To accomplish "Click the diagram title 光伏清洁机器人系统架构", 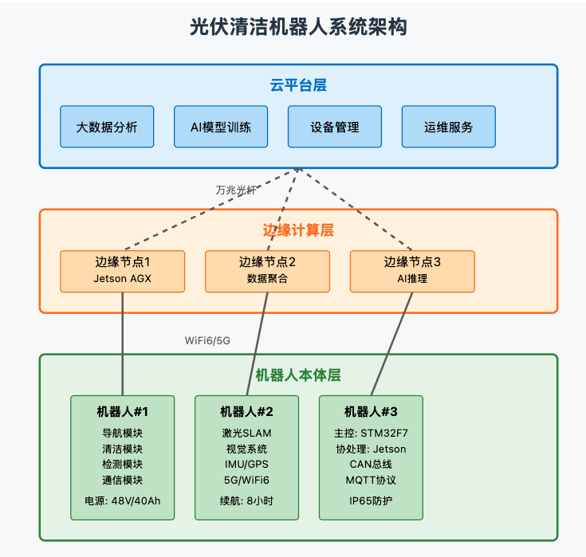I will (x=298, y=27).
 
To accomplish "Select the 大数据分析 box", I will (x=107, y=127).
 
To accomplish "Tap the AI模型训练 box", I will (x=221, y=127).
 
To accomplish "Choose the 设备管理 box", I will (x=335, y=127).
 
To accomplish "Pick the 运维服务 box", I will (x=449, y=127).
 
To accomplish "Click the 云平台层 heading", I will (x=298, y=85).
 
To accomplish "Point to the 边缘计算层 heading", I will (x=298, y=230).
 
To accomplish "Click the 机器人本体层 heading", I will (x=298, y=375).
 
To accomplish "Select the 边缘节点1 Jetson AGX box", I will (x=123, y=271).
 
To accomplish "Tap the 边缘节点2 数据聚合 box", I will (x=268, y=271).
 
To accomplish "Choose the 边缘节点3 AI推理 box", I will (x=412, y=271).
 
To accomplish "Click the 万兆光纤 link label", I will (x=236, y=190).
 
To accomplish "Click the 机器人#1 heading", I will (x=123, y=412).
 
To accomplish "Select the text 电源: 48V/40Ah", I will (x=123, y=501).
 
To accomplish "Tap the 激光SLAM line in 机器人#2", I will (x=246, y=433).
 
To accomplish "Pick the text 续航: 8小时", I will (x=246, y=501).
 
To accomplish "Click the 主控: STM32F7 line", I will (x=371, y=433).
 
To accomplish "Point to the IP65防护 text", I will (x=371, y=501).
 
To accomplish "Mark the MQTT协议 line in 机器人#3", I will (x=371, y=481).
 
